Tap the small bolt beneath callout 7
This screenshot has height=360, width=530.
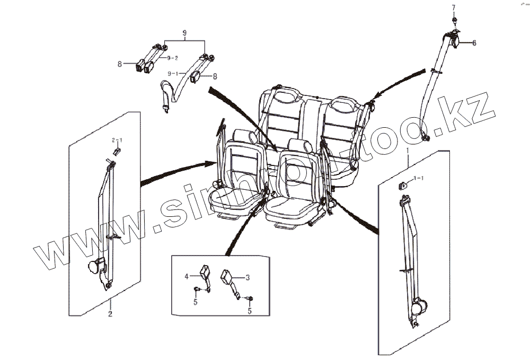pyautogui.click(x=454, y=20)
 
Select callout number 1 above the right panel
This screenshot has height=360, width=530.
pyautogui.click(x=407, y=151)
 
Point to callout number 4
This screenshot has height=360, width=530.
pyautogui.click(x=187, y=276)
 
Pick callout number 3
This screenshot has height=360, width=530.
pyautogui.click(x=246, y=277)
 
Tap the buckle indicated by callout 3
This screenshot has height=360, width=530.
pyautogui.click(x=228, y=277)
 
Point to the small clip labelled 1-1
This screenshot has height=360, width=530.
pyautogui.click(x=403, y=185)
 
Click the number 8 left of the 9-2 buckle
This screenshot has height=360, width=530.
pyautogui.click(x=120, y=64)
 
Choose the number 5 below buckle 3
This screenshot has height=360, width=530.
pyautogui.click(x=250, y=312)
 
